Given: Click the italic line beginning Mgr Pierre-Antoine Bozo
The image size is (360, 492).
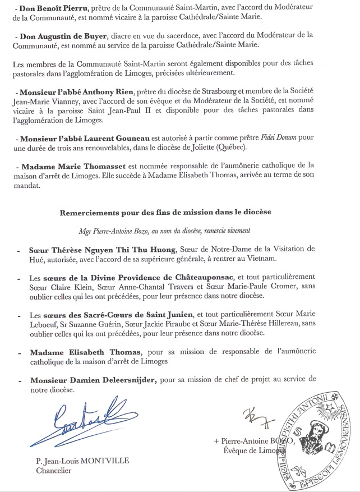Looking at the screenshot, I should click(179, 231).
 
